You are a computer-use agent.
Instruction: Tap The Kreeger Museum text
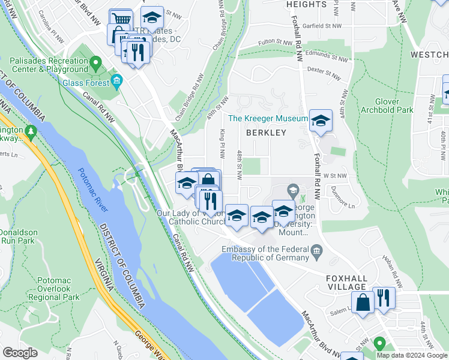point(268,119)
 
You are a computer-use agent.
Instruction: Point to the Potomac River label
point(94,190)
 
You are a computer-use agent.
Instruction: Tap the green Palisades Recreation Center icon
point(95,62)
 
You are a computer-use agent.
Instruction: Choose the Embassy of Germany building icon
point(316,250)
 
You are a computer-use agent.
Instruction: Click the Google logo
point(20,352)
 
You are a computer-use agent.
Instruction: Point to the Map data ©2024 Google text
point(412,355)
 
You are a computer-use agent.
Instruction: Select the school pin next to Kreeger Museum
point(321,121)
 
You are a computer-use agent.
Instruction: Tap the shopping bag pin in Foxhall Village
point(363,303)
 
